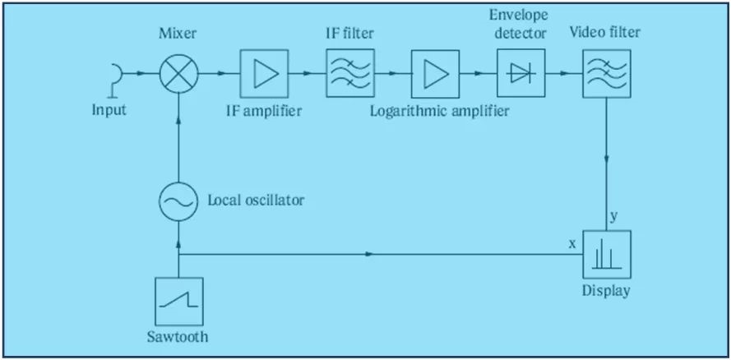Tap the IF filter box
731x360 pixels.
[x=350, y=74]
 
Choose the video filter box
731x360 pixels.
[x=607, y=74]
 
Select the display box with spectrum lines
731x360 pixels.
[x=607, y=256]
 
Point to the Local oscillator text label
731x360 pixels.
[x=257, y=200]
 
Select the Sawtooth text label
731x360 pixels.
[x=178, y=337]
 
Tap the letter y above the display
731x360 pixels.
[x=614, y=216]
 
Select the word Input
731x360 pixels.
[x=109, y=109]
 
